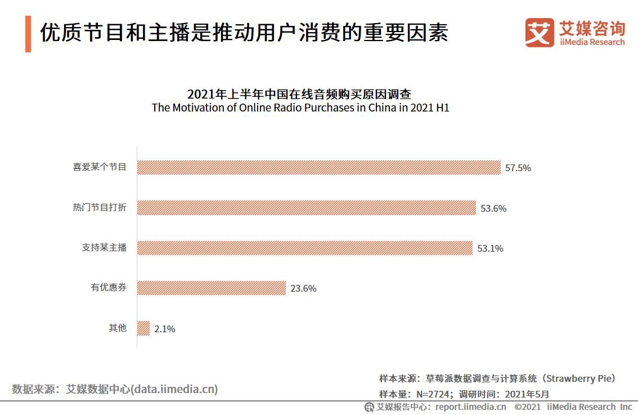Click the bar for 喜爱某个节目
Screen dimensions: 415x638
tap(318, 168)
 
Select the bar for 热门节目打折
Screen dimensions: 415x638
tap(306, 208)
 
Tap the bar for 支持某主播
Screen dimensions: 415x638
tap(304, 248)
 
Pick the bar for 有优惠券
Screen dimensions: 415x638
tap(212, 288)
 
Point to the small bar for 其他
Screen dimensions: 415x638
tap(143, 328)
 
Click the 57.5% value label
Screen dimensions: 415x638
tap(518, 168)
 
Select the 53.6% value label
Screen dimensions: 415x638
tap(493, 208)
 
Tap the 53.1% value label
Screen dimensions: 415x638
tap(490, 248)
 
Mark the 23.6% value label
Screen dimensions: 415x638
tap(303, 289)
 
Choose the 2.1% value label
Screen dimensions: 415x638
tap(164, 329)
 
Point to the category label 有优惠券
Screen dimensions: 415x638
tap(109, 288)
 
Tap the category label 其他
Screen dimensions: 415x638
tap(117, 328)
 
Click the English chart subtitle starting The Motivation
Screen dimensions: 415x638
tap(300, 108)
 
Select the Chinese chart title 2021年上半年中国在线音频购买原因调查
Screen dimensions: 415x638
tap(300, 93)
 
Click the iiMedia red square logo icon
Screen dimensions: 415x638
tap(539, 32)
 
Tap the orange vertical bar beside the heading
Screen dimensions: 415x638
tap(28, 34)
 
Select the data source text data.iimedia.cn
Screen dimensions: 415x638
tap(174, 389)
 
